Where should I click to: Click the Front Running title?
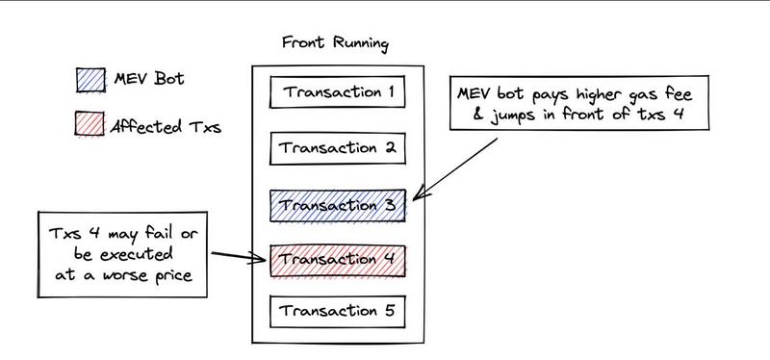(x=335, y=44)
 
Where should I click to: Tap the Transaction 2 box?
(x=336, y=149)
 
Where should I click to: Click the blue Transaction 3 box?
(x=336, y=205)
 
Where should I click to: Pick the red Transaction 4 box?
(x=336, y=259)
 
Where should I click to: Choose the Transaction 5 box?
(x=336, y=312)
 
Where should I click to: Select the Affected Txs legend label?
(x=166, y=125)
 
